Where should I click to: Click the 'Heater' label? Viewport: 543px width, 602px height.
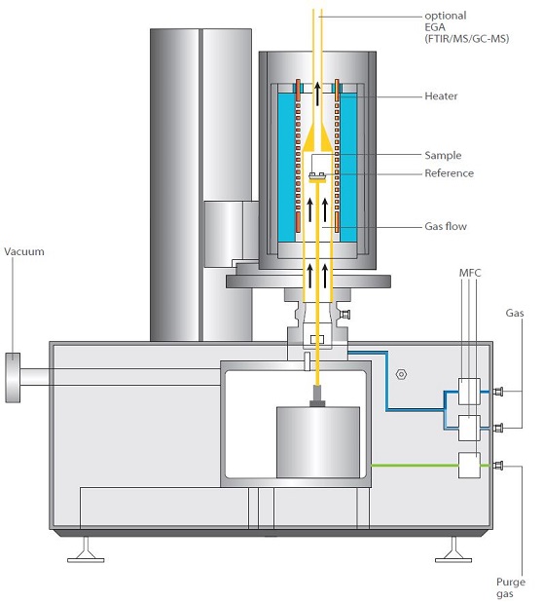point(441,96)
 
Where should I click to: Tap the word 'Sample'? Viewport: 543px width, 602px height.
point(443,155)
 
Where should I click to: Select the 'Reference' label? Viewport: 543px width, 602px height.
point(449,173)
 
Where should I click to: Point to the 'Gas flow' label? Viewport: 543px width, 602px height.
point(446,226)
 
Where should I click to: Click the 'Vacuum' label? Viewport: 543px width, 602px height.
point(24,251)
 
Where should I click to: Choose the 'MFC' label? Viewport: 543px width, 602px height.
point(470,273)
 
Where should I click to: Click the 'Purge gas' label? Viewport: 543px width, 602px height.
point(511,587)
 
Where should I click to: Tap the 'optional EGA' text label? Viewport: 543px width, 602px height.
point(446,21)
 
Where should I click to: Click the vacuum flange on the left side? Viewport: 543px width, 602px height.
point(13,378)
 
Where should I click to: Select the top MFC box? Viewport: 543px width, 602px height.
point(469,392)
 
